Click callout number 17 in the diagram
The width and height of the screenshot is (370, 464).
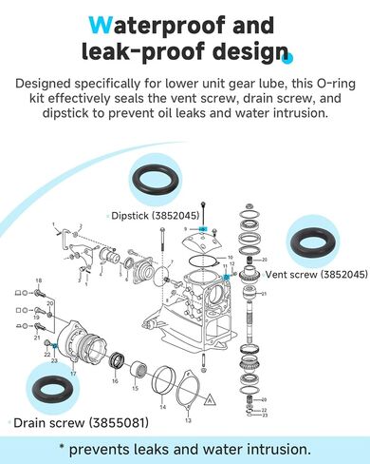(72, 373)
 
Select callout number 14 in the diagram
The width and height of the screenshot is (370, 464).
(161, 406)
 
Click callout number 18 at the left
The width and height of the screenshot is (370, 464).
(38, 280)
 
